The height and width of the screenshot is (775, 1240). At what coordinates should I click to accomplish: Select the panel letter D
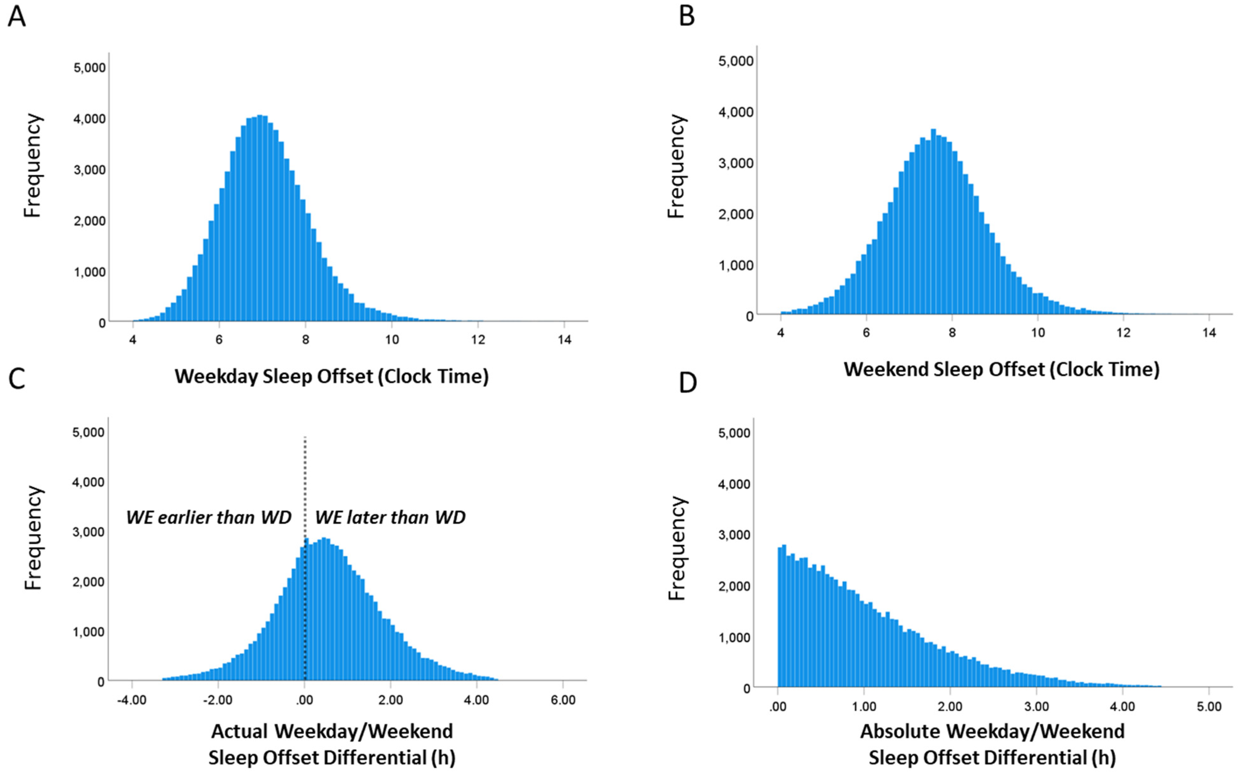coord(687,383)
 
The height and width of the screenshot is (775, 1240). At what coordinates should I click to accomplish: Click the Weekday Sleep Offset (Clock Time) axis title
coord(332,376)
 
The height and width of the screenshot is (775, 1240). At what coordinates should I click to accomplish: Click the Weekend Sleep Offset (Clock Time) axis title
coord(1001,369)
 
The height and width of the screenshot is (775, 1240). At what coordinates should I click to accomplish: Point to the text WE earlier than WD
coord(208,517)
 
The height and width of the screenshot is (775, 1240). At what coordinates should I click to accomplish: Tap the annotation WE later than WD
coord(390,517)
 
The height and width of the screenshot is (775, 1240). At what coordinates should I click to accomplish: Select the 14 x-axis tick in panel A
coord(564,340)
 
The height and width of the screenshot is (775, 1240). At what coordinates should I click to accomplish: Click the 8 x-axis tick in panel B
coord(951,333)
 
